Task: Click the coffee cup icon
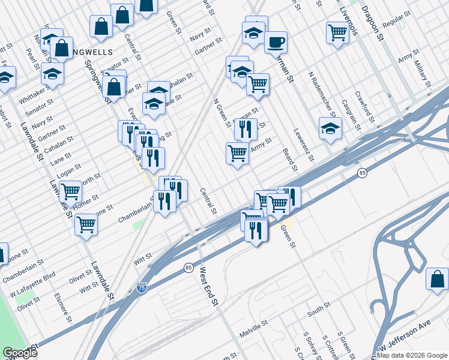[x=276, y=42]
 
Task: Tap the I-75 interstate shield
[x=142, y=288]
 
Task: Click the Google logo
[x=19, y=352]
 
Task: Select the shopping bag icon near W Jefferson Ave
[x=437, y=279]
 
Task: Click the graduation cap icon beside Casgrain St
[x=330, y=129]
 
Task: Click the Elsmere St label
[x=63, y=306]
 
